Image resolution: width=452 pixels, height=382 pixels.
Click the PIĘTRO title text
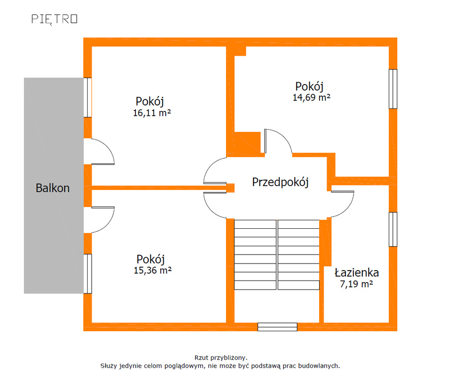tap(54, 19)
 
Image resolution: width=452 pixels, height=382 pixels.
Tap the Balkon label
tap(52, 188)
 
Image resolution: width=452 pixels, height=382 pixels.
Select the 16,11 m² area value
tap(152, 112)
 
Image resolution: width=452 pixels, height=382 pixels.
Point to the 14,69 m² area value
tap(311, 97)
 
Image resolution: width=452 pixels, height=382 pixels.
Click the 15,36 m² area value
tap(152, 270)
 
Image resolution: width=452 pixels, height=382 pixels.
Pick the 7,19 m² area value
tap(356, 284)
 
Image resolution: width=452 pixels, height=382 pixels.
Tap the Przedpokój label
tap(280, 182)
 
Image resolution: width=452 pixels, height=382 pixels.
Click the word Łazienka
tap(356, 273)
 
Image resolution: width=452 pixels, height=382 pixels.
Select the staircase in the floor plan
tap(277, 255)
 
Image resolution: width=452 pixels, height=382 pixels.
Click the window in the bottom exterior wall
tap(277, 327)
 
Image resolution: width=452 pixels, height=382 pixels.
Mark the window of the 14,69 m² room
tap(393, 89)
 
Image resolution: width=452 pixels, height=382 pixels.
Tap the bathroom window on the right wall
tap(393, 229)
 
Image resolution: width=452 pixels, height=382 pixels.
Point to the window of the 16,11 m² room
tap(88, 97)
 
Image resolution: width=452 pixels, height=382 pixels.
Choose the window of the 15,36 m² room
tap(88, 274)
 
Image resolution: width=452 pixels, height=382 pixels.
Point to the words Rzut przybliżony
tap(221, 358)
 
